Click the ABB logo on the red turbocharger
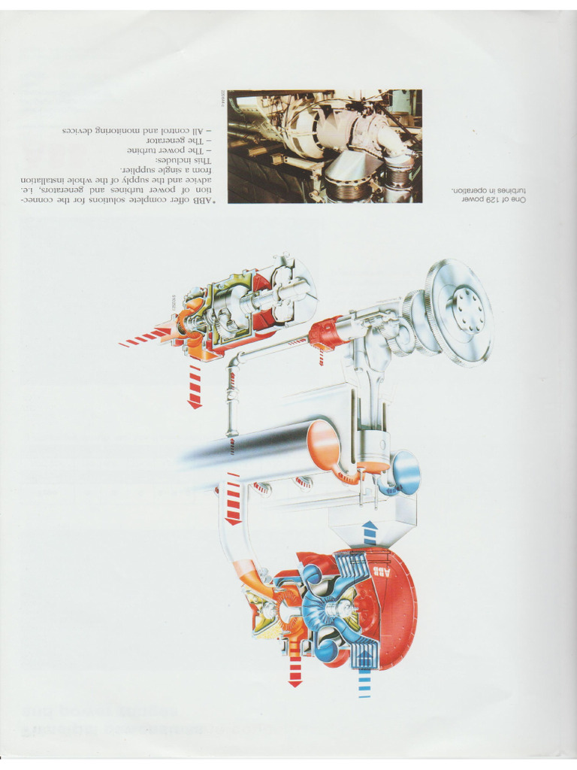tap(382, 574)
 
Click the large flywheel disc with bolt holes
tap(459, 311)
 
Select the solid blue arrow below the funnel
tap(370, 531)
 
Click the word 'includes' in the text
tap(171, 161)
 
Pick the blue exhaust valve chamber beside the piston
tap(402, 472)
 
